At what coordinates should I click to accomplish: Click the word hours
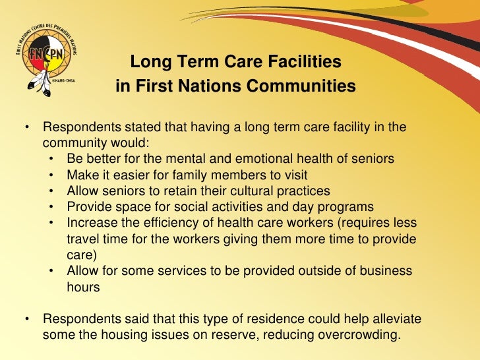click(x=82, y=287)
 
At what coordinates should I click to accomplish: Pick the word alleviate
click(x=396, y=319)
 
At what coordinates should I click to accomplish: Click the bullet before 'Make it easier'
click(x=51, y=175)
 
